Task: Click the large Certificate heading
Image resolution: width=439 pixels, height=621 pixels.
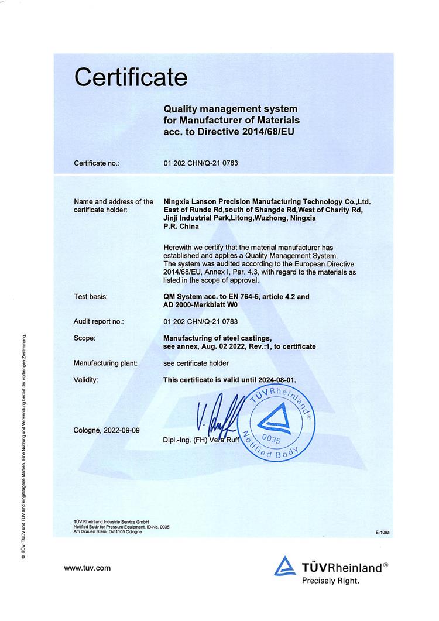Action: click(131, 77)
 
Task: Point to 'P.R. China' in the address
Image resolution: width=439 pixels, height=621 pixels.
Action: click(181, 227)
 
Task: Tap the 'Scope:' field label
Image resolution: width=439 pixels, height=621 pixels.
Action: click(85, 338)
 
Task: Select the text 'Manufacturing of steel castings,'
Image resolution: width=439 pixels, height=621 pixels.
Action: click(217, 338)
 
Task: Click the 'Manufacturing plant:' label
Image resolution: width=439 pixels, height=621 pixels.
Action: click(105, 363)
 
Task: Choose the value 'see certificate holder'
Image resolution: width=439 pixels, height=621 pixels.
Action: click(196, 363)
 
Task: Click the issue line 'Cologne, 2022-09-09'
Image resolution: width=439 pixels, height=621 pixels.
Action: click(107, 430)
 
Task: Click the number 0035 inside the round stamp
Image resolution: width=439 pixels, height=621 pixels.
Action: click(273, 437)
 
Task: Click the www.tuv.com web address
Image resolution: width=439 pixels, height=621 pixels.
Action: click(87, 567)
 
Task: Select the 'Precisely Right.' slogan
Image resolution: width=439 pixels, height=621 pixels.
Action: click(330, 581)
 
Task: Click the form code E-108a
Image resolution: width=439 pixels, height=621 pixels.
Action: click(383, 533)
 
